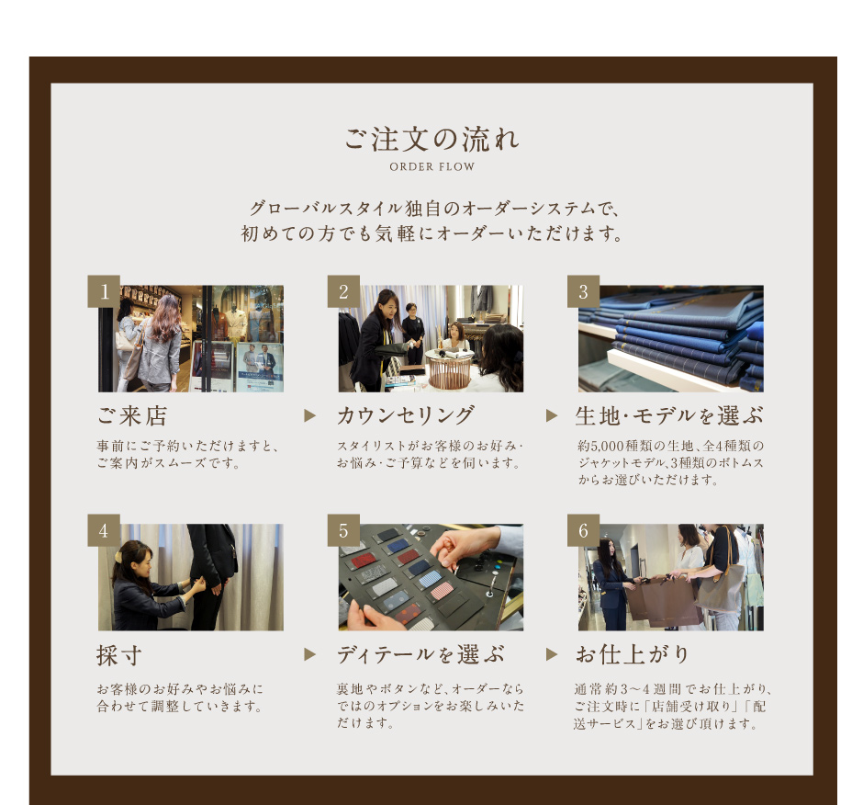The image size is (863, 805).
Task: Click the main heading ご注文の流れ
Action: tap(431, 139)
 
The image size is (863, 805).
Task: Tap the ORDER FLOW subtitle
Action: tap(432, 167)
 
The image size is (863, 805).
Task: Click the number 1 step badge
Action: tap(104, 291)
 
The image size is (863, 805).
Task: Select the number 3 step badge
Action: tap(583, 291)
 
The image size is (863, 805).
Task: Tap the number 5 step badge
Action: tap(343, 530)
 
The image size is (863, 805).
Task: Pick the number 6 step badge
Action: tap(583, 530)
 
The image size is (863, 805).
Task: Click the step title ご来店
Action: tap(132, 416)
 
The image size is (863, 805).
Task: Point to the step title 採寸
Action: tap(119, 655)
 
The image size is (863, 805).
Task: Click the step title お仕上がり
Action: tap(633, 655)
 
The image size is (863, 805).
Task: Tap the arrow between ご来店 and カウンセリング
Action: tap(310, 416)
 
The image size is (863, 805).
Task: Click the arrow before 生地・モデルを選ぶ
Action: tap(552, 416)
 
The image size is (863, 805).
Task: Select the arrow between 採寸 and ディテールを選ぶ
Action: tap(310, 654)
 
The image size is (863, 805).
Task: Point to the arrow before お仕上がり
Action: tap(552, 654)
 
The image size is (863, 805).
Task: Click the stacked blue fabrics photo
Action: tap(671, 338)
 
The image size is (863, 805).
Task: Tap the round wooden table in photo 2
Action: tap(450, 368)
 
